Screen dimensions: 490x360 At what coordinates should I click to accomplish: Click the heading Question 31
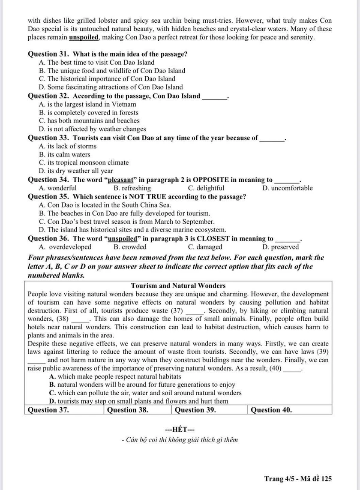coord(49,54)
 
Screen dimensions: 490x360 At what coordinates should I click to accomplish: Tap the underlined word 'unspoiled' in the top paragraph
coord(84,37)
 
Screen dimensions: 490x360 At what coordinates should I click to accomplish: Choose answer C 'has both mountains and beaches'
coord(89,121)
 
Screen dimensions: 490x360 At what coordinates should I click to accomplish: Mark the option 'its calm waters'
coord(65,154)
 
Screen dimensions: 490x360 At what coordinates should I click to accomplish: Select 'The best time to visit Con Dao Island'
coord(96,62)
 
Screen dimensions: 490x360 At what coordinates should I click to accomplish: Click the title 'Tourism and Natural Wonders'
coord(178,286)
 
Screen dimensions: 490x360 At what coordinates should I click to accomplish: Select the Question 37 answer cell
coord(64,410)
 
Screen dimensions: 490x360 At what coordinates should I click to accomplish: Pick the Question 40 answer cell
coord(290,410)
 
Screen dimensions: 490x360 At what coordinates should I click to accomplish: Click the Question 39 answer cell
coord(210,410)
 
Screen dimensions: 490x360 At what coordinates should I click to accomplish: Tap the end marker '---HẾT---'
coord(180,429)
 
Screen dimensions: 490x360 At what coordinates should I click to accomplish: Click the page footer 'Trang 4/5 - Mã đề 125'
coord(298,479)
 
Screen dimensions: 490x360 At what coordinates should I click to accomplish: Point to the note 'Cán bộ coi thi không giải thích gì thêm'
coord(180,440)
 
